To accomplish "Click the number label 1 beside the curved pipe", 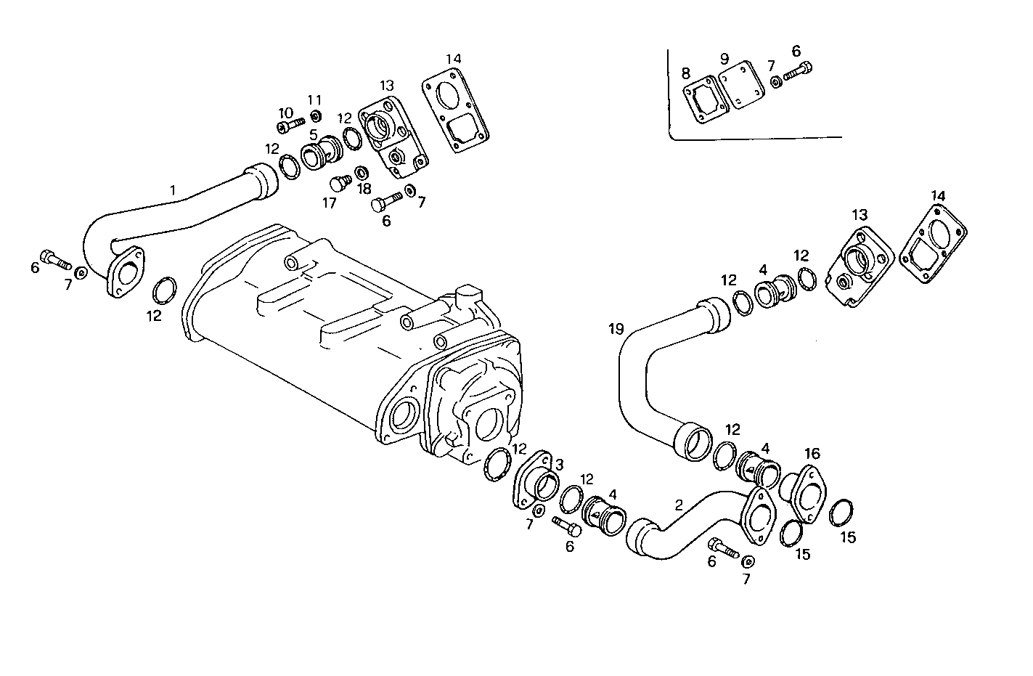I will click(173, 190).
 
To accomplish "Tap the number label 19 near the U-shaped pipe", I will click(616, 329).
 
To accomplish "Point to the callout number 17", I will click(330, 203).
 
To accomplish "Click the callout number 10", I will click(285, 113).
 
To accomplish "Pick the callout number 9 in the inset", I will click(724, 58).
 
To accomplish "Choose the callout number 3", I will click(559, 463).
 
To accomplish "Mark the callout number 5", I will click(313, 134).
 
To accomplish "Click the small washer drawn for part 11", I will click(316, 116).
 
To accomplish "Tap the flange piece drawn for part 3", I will click(537, 479).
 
